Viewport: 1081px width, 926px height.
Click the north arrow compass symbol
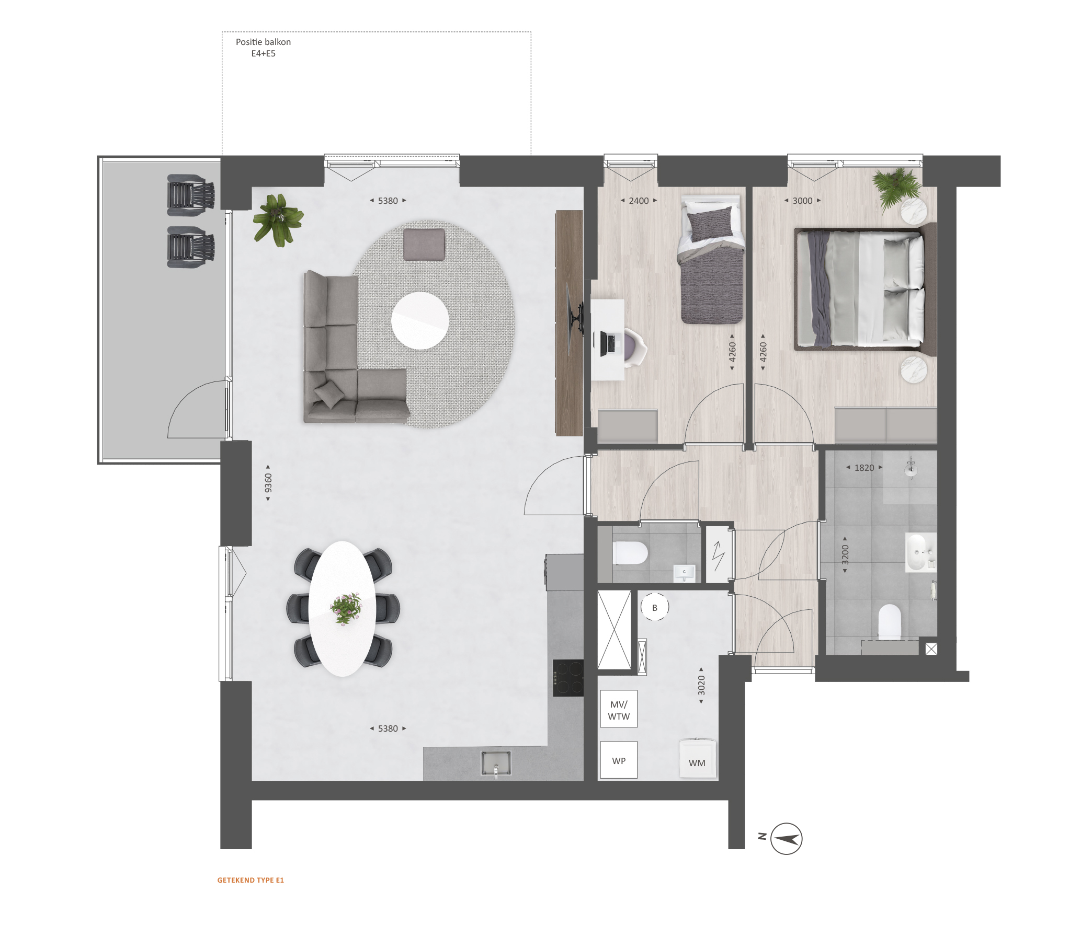click(786, 839)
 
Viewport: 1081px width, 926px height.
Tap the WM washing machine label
click(697, 763)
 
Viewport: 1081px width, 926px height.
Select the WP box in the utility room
click(619, 760)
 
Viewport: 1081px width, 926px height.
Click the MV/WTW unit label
click(619, 710)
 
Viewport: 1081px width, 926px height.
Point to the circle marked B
click(654, 607)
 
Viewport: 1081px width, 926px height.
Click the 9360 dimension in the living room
click(268, 483)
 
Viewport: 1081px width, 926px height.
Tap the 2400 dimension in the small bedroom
click(639, 201)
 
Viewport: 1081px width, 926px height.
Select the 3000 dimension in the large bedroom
click(802, 201)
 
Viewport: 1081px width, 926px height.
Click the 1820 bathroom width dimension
click(864, 468)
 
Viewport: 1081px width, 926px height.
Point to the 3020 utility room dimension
click(701, 685)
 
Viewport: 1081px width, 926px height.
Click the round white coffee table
click(420, 321)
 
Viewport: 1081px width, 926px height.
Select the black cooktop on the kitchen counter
click(568, 678)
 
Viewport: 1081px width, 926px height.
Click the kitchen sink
click(496, 763)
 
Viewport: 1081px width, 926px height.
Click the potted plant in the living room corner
click(278, 219)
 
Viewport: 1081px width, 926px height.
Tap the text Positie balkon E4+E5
click(263, 48)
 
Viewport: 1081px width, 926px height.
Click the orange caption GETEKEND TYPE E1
click(251, 880)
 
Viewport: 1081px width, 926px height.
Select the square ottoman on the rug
click(424, 244)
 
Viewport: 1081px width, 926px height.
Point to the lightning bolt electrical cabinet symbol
click(718, 555)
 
